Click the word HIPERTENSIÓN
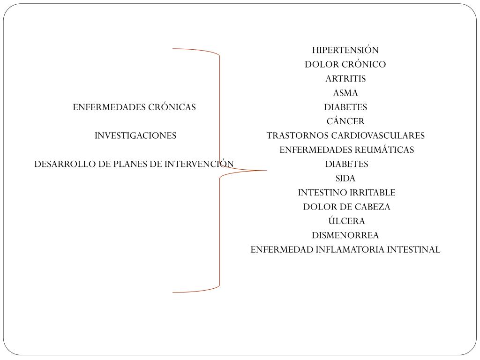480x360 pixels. pos(345,50)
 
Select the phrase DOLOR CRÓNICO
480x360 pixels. pos(345,64)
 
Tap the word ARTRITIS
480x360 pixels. pos(345,79)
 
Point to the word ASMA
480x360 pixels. pos(345,93)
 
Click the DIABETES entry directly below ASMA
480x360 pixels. pos(345,107)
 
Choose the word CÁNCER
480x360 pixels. pos(345,121)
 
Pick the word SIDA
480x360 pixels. pos(345,179)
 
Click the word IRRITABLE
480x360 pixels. pos(372,193)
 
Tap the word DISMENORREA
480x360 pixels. pos(345,235)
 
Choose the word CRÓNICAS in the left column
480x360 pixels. pos(172,107)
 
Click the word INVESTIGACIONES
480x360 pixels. pos(135,136)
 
